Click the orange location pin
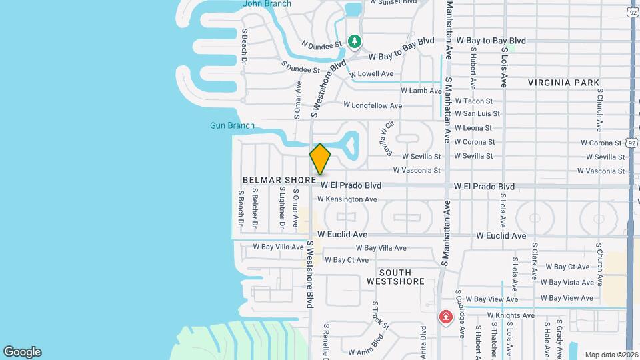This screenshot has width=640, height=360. [320, 159]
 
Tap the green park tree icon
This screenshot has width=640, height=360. [355, 41]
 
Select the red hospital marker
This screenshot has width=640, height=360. [445, 317]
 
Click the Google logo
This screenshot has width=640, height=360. [22, 352]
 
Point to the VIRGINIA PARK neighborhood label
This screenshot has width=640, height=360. [563, 83]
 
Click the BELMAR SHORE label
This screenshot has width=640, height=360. [279, 180]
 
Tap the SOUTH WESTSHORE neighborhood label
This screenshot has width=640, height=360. [395, 277]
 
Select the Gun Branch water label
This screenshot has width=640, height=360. [232, 125]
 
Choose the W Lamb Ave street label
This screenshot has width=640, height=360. [421, 91]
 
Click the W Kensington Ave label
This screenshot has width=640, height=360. [347, 199]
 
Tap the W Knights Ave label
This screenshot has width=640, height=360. [511, 315]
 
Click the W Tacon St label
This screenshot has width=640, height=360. [473, 101]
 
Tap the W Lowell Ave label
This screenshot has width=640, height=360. [375, 74]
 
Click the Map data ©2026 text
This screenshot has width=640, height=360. [611, 355]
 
